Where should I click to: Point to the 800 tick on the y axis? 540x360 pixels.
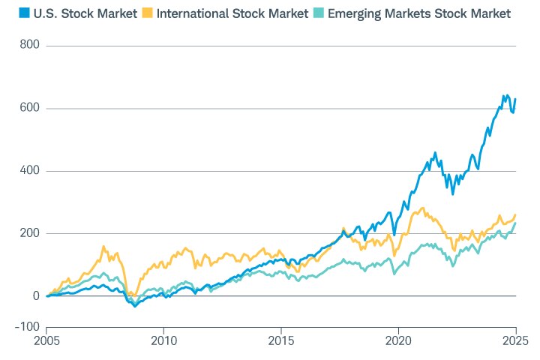[31, 46]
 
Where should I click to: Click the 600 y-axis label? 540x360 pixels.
[31, 108]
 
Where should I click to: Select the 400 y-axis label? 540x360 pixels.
[31, 171]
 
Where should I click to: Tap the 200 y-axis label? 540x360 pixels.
[31, 233]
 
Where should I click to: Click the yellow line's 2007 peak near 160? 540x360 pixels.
[103, 246]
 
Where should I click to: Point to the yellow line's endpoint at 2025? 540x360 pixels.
[515, 215]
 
